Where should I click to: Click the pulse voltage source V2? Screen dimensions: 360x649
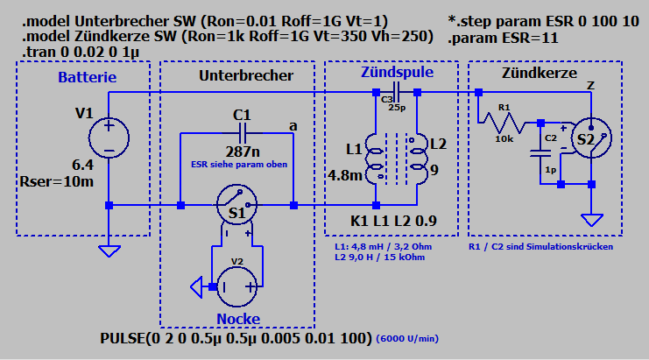(x=236, y=286)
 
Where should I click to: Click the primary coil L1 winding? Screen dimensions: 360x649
(x=376, y=159)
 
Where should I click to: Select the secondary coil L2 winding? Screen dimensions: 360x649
(x=417, y=159)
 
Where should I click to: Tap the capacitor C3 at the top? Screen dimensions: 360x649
(x=398, y=91)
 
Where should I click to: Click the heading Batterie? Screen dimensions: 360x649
(x=88, y=78)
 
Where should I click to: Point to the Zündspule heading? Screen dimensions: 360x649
(x=397, y=73)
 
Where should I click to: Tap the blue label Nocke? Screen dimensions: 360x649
(x=239, y=318)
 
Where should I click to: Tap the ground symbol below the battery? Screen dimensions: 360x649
(x=109, y=250)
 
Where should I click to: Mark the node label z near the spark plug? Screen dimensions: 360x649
(x=591, y=84)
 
